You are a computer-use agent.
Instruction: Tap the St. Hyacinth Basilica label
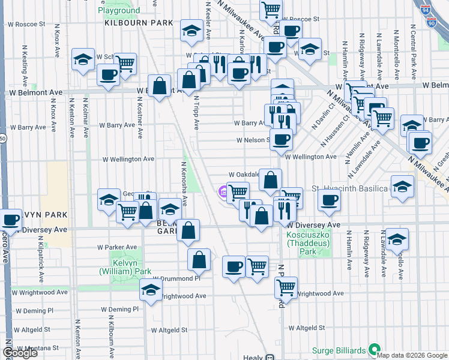click(350, 188)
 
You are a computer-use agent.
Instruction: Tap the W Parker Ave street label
click(117, 247)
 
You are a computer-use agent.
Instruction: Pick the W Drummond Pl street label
click(175, 279)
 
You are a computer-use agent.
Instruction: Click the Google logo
click(20, 353)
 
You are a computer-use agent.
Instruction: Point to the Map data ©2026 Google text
click(411, 355)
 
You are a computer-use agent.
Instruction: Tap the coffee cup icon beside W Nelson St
click(281, 140)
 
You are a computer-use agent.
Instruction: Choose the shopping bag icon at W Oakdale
click(271, 179)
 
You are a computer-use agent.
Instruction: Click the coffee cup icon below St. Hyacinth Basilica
click(328, 202)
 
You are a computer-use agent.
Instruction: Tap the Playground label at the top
click(119, 11)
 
